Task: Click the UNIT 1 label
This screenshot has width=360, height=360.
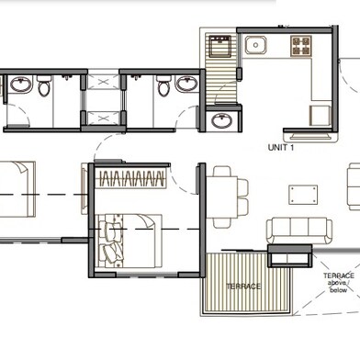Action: tap(281, 148)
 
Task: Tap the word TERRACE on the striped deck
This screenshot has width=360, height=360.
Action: tap(243, 287)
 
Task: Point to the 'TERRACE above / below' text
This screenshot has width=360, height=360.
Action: tap(339, 283)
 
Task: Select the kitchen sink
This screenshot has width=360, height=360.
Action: tap(255, 45)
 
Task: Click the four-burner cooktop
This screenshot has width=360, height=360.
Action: tap(301, 46)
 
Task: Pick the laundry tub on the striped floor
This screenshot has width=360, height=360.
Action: tap(219, 46)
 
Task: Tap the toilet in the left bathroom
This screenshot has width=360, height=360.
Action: tap(44, 86)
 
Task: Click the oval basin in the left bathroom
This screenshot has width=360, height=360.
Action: tap(21, 84)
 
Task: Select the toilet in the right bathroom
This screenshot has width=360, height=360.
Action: tap(163, 86)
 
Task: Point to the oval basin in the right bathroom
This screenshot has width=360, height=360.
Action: tap(186, 84)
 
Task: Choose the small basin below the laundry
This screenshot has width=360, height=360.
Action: tap(222, 120)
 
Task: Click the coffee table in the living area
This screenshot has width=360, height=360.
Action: tap(303, 195)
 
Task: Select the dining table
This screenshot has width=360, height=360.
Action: tap(222, 197)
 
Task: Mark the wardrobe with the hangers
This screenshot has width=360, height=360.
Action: tap(130, 178)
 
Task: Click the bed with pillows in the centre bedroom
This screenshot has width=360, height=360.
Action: tap(129, 242)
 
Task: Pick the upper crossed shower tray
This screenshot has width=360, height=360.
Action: tap(103, 82)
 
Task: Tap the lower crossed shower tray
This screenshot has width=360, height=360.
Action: tap(103, 118)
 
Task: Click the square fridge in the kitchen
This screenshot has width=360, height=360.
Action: tap(321, 116)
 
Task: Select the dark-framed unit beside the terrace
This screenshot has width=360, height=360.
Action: tap(290, 255)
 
